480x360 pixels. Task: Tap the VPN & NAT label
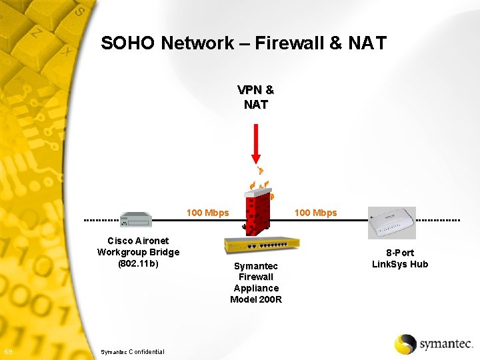[x=256, y=97]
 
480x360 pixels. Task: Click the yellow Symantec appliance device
[x=261, y=245]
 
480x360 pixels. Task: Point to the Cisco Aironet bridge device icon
[x=136, y=219]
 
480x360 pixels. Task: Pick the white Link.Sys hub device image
[x=392, y=223]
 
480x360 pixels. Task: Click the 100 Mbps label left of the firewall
[x=207, y=213]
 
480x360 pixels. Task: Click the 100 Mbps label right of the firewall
[x=315, y=213]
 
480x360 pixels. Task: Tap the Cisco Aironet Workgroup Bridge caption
[x=138, y=247]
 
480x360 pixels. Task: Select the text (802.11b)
[x=138, y=263]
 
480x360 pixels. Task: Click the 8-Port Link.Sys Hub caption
[x=399, y=259]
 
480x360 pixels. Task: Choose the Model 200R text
[x=256, y=299]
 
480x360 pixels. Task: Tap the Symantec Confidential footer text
[x=131, y=351]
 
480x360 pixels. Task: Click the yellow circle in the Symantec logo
[x=405, y=344]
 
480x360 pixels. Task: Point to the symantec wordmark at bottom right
[x=445, y=345]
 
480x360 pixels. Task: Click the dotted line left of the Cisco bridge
[x=101, y=219]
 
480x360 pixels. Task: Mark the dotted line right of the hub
[x=438, y=219]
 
